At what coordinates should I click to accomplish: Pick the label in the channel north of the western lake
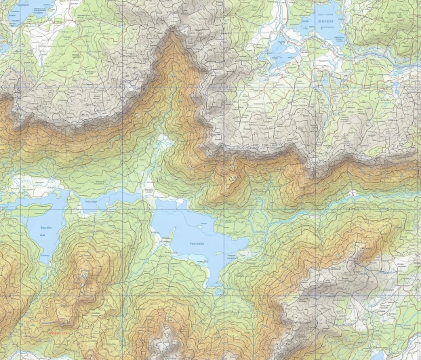90,202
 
